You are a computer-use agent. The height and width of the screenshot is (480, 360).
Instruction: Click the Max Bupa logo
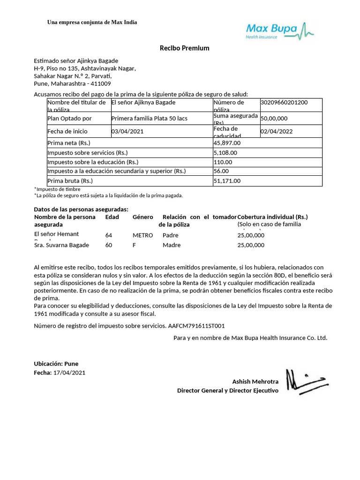[280, 31]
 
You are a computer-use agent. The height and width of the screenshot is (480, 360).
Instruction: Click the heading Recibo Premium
[184, 48]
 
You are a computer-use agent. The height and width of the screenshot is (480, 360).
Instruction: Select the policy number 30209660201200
[284, 102]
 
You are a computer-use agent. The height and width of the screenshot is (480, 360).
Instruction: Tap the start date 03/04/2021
[127, 131]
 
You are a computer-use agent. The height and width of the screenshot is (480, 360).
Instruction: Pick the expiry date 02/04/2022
[277, 131]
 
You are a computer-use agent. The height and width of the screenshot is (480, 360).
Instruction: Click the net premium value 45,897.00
[227, 142]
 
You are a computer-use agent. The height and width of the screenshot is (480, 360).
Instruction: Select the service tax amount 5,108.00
[225, 152]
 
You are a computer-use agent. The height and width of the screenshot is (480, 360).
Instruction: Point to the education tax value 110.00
[223, 162]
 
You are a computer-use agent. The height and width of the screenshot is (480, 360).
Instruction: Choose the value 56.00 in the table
[221, 171]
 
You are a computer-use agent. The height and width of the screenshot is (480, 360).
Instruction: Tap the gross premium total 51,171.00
[227, 180]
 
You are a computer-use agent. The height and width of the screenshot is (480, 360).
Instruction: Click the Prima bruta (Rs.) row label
[70, 180]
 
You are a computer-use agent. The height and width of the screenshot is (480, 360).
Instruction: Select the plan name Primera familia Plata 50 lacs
[149, 118]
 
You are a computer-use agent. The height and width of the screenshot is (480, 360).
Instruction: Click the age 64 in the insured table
[109, 235]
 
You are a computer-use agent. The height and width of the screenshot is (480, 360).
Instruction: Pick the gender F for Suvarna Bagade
[135, 245]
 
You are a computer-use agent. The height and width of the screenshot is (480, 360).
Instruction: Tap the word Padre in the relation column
[171, 235]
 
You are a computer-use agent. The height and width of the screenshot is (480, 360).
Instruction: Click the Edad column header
[112, 217]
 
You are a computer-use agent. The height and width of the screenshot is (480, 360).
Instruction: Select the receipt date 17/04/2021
[70, 373]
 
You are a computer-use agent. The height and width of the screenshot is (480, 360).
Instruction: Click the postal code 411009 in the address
[100, 83]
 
